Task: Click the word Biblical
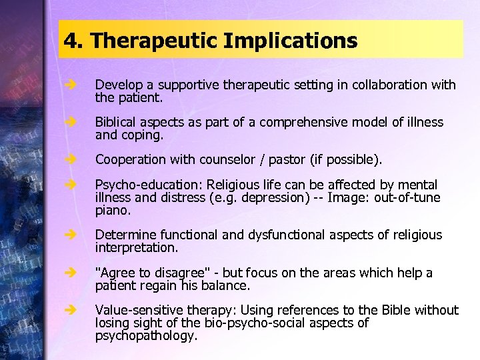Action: point(117,123)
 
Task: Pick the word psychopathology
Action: point(146,336)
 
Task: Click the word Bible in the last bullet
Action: point(396,310)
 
